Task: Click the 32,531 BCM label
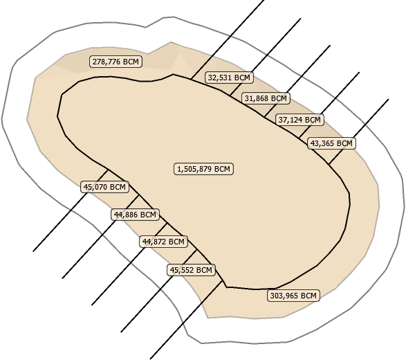(x=229, y=78)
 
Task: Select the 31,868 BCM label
(x=266, y=98)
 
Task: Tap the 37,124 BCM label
(x=299, y=120)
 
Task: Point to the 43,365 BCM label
(x=331, y=143)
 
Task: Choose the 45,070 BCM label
(x=104, y=187)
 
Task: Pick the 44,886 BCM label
(x=135, y=215)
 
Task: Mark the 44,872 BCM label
(x=163, y=242)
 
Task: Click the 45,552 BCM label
(x=191, y=270)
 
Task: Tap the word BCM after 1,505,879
(x=223, y=169)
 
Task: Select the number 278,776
(x=107, y=62)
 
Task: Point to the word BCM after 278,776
(x=131, y=62)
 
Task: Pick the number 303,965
(x=284, y=296)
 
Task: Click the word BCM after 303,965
(x=309, y=296)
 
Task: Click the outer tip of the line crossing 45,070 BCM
(x=33, y=251)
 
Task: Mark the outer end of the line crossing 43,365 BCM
(x=389, y=99)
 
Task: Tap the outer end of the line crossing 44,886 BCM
(x=62, y=278)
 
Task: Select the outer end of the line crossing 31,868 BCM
(x=330, y=46)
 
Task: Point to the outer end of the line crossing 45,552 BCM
(x=121, y=332)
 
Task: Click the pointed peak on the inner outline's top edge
(x=173, y=74)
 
